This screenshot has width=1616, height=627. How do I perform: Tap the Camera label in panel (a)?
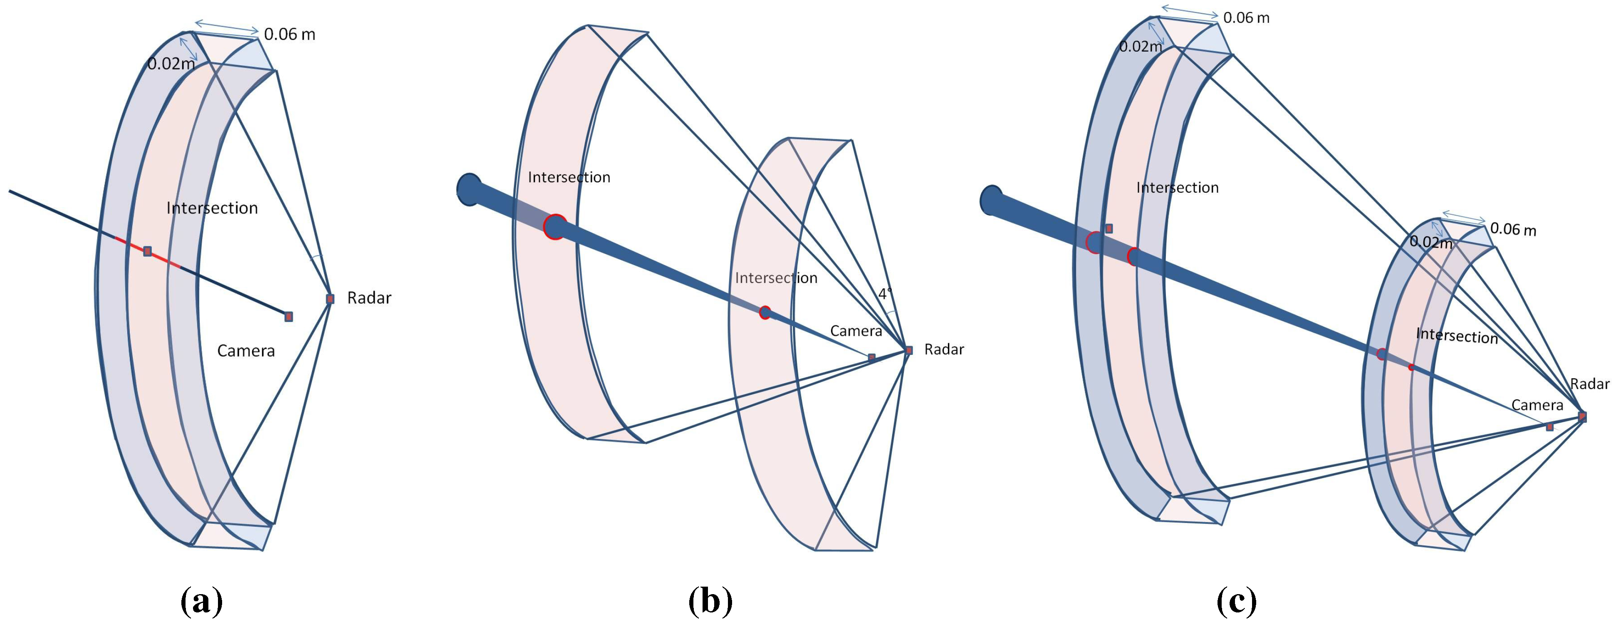pos(246,350)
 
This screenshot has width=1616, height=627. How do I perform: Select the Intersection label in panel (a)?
pos(212,208)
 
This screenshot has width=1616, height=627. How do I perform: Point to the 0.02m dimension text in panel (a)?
pos(171,63)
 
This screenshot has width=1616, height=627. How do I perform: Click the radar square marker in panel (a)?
pos(330,299)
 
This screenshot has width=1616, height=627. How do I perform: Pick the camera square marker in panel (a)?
pos(289,316)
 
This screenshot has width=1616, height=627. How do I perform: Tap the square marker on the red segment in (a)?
pos(147,251)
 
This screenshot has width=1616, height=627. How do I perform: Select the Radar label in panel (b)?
pos(943,349)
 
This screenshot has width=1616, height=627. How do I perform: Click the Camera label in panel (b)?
pos(856,331)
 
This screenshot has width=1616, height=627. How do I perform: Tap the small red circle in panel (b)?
pos(765,312)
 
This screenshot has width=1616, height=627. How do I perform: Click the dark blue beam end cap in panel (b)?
pos(468,189)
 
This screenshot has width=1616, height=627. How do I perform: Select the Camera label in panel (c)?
pos(1537,405)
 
